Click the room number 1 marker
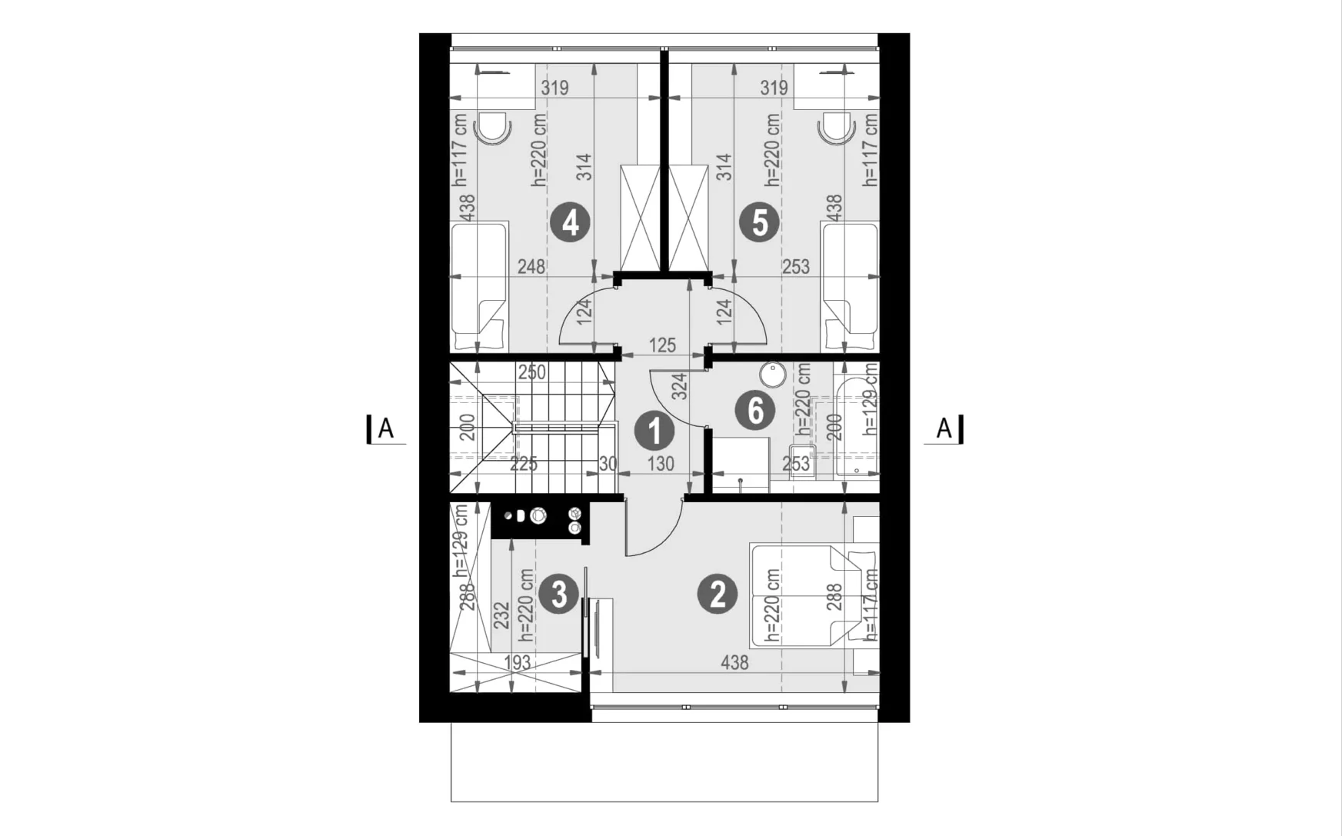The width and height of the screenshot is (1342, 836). coord(654,431)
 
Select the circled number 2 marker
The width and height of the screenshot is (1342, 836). coord(717,594)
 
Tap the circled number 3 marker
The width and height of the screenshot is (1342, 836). coord(558,595)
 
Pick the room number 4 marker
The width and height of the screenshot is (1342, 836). coord(570,223)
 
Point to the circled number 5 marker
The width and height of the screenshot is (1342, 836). coord(759,223)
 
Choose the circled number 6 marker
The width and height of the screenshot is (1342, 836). coord(755,409)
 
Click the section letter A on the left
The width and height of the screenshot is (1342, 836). coord(386,428)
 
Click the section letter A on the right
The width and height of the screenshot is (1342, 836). coord(944,428)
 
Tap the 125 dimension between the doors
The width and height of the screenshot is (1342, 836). coord(662,345)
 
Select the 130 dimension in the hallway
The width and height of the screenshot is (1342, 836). coord(661,464)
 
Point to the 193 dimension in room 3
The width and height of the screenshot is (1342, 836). coord(517,663)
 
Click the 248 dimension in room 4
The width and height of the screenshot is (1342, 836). coord(531,266)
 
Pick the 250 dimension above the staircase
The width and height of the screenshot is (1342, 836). coord(531,372)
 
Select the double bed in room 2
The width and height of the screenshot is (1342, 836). coord(814,595)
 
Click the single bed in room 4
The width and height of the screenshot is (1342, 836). coord(479,287)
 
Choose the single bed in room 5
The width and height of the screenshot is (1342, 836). coord(850,287)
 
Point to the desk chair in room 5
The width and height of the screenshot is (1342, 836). coord(838,128)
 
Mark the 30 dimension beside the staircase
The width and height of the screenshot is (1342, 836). coord(608,464)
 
